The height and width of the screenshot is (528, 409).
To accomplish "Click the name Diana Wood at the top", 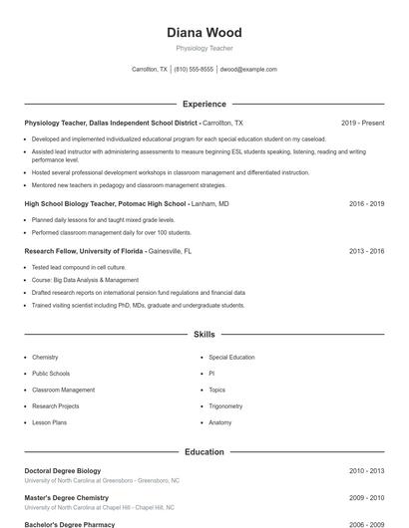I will (x=204, y=33).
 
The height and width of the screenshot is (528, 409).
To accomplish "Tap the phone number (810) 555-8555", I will (x=194, y=70).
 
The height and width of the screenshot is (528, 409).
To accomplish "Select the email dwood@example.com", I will (x=248, y=70).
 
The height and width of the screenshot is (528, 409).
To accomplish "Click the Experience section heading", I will (x=204, y=104).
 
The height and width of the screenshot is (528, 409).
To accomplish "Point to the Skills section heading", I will (x=204, y=335).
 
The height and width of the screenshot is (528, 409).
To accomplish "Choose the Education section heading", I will (x=204, y=451).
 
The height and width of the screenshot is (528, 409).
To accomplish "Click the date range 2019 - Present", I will (x=362, y=123).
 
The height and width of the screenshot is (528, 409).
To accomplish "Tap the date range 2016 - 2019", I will (x=366, y=203).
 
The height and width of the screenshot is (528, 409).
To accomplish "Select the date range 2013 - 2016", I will (x=366, y=251).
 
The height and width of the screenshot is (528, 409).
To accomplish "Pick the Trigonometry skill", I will (x=225, y=406).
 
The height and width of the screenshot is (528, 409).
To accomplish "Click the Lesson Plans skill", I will (x=49, y=422).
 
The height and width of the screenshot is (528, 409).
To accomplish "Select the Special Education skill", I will (x=231, y=357).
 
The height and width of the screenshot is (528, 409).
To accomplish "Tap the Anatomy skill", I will (x=219, y=422).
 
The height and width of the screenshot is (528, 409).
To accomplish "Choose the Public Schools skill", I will (x=52, y=374).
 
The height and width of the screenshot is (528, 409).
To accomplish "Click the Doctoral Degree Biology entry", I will (x=62, y=470).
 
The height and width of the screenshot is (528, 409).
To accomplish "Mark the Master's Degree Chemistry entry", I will (x=66, y=497).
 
